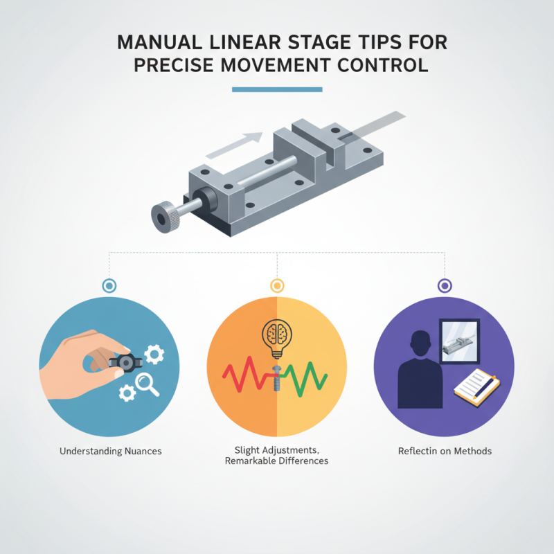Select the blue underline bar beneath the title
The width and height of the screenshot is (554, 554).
[x=277, y=89]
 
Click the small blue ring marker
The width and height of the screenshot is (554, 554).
[x=109, y=285]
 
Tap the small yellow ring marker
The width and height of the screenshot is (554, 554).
[x=276, y=285]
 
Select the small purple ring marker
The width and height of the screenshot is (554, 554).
[x=445, y=285]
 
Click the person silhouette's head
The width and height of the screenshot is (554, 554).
[x=420, y=344]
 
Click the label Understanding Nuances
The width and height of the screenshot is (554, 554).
[x=110, y=452]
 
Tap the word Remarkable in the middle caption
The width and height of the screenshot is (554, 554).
[x=253, y=461]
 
